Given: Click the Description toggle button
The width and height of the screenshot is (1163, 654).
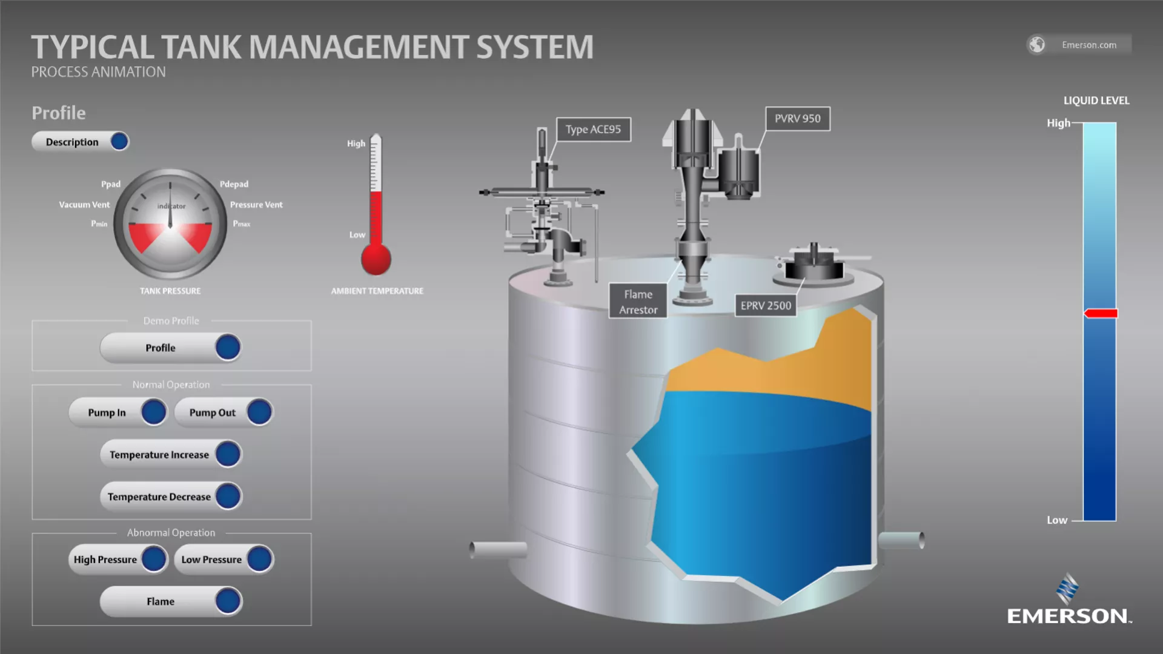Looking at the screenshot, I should coord(81,142).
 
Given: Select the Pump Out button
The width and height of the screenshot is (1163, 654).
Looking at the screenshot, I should coord(224,412).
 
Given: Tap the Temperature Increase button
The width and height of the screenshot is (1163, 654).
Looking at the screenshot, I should coord(171,454).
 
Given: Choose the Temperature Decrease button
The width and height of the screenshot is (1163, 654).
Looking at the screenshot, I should coord(171,497).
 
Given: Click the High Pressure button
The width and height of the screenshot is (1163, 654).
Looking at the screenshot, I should coord(118,560).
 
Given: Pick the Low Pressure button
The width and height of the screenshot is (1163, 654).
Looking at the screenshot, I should coord(224,560).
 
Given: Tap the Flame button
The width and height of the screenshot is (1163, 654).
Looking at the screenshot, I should coord(171,601).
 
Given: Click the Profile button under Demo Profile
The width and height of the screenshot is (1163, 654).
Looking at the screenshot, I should coord(171,348).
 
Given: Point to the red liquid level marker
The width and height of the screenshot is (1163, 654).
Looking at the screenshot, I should coord(1101,313).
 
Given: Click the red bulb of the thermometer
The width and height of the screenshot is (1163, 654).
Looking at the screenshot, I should coord(376,259).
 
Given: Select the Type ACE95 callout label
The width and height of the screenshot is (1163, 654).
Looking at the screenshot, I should coord(593,129).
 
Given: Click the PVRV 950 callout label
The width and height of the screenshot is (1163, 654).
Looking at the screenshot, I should coord(797,119).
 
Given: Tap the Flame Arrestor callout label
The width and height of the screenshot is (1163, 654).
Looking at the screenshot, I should coord(638,302).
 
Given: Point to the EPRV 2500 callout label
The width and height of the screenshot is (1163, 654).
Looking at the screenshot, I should coord(766,306).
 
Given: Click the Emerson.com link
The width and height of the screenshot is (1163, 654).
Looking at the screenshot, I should coord(1088,45).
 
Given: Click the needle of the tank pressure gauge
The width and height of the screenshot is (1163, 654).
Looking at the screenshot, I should coord(170,209).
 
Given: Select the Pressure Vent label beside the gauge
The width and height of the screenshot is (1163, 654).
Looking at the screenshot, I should coord(256,205).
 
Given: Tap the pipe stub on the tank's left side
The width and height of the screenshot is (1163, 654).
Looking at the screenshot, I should coord(498,549).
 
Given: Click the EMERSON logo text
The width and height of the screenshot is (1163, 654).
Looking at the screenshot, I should coord(1068,616).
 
